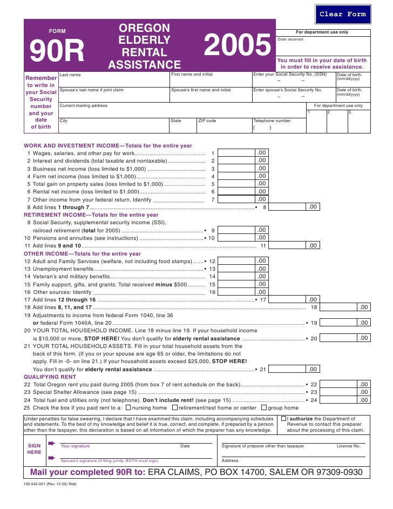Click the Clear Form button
[342, 14]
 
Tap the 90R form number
[57, 52]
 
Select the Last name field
[113, 81]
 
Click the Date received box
[322, 46]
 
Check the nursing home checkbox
[128, 408]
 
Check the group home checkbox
[264, 408]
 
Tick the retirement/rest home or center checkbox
[174, 408]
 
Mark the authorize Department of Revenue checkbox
[283, 419]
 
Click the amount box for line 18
[346, 307]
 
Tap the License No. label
[348, 446]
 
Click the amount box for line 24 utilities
[346, 400]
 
